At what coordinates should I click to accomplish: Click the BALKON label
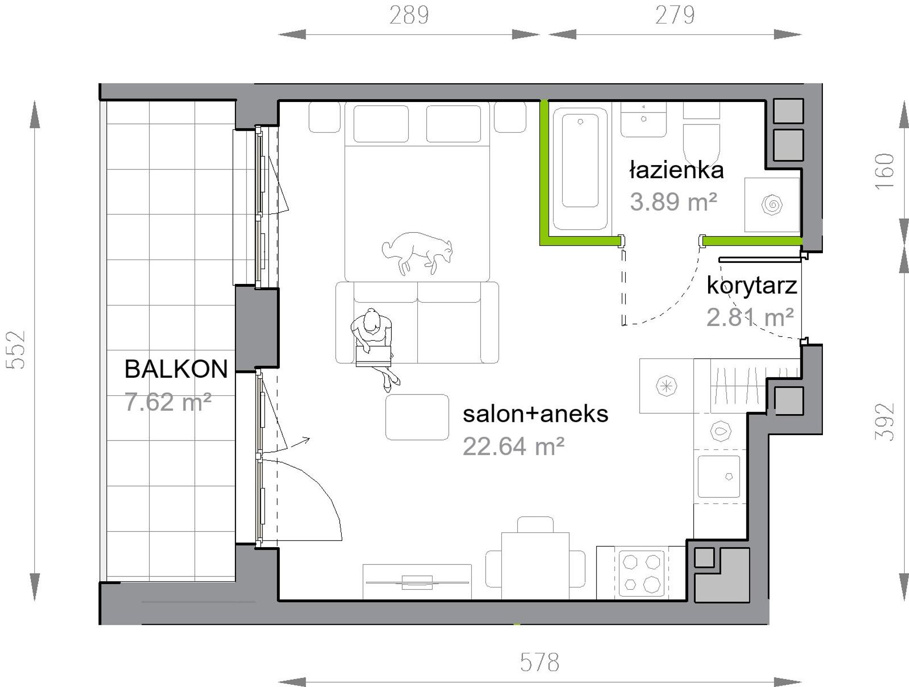pos(176,369)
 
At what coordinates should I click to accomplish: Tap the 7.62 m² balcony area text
pos(168,402)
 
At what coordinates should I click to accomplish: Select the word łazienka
pos(676,170)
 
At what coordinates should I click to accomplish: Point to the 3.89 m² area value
pos(674,202)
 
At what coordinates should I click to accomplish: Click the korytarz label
pos(752,286)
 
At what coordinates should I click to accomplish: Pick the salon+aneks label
pos(535,414)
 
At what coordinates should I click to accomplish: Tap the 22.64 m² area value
pos(513,446)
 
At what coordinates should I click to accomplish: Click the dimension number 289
pos(409,15)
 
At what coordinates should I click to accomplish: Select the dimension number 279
pos(675,15)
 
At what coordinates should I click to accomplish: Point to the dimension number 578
pos(540,663)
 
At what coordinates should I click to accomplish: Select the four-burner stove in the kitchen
pos(642,574)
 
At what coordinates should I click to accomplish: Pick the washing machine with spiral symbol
pos(772,205)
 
